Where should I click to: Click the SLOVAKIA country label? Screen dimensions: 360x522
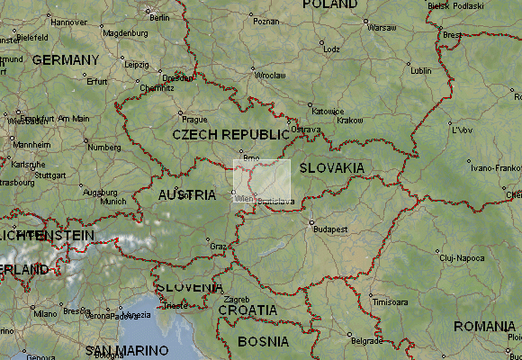[331, 168]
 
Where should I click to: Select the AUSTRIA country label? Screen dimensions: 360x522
[187, 195]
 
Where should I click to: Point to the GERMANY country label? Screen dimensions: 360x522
[66, 59]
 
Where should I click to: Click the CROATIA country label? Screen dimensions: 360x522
[247, 310]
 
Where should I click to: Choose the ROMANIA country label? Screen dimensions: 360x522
[484, 326]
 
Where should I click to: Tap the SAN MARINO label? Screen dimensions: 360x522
[126, 349]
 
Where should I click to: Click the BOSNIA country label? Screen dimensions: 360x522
[264, 342]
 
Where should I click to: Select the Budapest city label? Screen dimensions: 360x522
[330, 229]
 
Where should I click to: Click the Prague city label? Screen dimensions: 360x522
[194, 119]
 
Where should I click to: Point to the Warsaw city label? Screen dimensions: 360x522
[382, 28]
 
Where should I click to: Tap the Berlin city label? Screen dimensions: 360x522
[159, 17]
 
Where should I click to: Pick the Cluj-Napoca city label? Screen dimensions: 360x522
[462, 258]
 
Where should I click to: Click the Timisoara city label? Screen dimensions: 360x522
[390, 302]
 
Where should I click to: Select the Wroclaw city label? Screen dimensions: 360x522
[270, 76]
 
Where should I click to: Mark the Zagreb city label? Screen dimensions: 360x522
[236, 299]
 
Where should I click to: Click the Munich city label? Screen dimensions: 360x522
[113, 202]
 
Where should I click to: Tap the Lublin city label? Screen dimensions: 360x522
[420, 70]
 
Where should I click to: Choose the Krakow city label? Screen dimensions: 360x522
[349, 120]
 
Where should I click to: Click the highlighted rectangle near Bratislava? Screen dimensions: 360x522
[263, 181]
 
